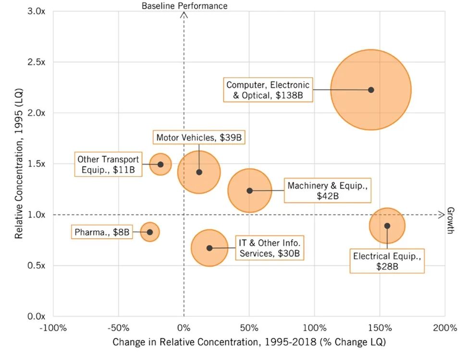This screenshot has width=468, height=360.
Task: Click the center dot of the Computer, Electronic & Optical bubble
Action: [371, 90]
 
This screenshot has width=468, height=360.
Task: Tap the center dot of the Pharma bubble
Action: [150, 232]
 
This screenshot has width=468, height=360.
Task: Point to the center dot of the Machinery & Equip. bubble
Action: [249, 191]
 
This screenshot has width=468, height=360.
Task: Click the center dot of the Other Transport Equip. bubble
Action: [160, 164]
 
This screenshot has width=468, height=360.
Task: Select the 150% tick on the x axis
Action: [380, 328]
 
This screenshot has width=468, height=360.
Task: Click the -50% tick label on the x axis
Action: [118, 328]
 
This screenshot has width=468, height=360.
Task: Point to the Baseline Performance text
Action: [185, 5]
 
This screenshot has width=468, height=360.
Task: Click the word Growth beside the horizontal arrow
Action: [451, 220]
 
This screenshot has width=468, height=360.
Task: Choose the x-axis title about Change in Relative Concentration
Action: [249, 343]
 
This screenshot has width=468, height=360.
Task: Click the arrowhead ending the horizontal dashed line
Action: [442, 215]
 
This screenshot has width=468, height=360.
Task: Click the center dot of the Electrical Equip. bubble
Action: [387, 226]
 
